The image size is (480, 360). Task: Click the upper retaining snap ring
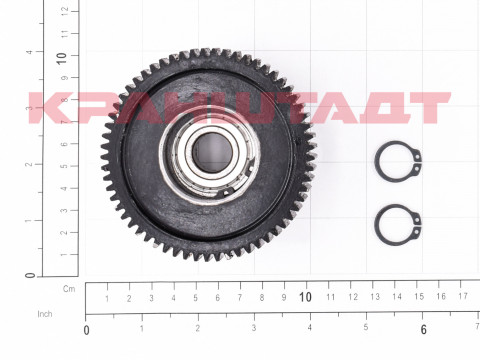click(x=376, y=162)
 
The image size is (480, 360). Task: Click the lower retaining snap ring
click(x=376, y=225)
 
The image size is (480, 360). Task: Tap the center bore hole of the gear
click(x=212, y=153)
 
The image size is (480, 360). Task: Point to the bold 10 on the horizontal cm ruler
click(x=305, y=297)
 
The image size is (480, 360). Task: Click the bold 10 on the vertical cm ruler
click(x=61, y=59)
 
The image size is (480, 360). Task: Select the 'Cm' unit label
click(x=69, y=289)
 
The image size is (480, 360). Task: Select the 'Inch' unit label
click(x=45, y=314)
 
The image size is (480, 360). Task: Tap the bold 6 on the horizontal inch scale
click(x=423, y=329)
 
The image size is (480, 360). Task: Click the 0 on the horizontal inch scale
click(x=86, y=330)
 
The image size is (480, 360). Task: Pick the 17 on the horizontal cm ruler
click(x=463, y=296)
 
